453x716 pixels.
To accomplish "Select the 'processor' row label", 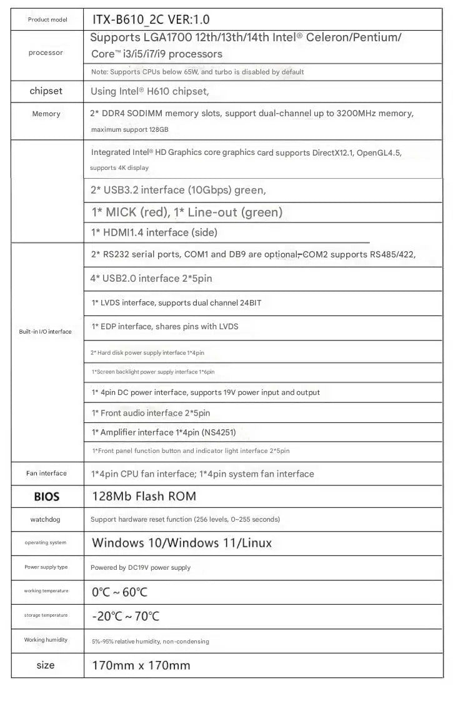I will point(46,52).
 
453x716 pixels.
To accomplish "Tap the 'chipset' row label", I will point(46,91).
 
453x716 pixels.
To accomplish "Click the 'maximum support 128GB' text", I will point(130,130).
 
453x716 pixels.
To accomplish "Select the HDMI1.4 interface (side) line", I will point(154,232).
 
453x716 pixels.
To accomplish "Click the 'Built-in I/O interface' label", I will point(45,332).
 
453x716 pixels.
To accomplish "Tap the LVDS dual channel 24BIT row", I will point(176,303).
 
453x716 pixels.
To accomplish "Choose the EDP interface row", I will point(165,327).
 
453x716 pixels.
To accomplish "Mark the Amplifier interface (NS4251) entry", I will point(164,432).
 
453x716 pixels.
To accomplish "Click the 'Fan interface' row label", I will point(46,474).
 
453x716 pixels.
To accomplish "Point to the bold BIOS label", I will point(46,497).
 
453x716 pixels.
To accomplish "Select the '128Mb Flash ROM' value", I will point(144,496).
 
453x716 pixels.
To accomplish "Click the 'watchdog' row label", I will point(46,519).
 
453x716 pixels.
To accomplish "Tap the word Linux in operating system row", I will point(253,543).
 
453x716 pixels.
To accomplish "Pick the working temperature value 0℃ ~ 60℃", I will point(120,592).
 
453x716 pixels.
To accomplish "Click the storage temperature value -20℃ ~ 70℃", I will point(126,616).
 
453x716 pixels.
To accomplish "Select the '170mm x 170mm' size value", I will point(141,665).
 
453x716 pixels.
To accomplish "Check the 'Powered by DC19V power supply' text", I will point(141,567).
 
